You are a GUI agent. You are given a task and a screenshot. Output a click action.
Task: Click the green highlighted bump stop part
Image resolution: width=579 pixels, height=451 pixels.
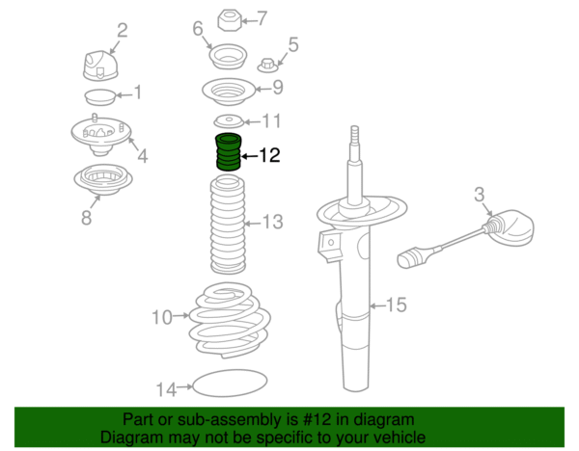228,152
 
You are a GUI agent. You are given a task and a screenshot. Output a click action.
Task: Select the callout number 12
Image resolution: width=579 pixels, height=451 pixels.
270,155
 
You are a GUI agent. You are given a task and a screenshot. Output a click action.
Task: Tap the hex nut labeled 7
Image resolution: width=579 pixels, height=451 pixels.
230,20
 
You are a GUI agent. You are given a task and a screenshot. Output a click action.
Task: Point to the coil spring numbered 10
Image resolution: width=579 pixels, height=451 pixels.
230,320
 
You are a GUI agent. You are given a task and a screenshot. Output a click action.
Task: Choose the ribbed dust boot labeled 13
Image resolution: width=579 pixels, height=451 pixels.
228,225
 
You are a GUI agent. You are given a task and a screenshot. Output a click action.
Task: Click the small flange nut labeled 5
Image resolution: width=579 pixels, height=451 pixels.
267,66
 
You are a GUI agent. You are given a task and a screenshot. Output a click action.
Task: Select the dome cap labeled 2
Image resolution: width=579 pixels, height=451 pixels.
100,66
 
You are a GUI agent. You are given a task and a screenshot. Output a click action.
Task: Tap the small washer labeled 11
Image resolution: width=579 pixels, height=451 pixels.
229,121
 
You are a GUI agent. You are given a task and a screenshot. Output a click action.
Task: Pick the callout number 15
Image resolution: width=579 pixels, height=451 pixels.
397,305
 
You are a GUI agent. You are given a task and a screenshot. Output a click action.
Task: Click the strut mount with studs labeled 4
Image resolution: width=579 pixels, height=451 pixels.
100,135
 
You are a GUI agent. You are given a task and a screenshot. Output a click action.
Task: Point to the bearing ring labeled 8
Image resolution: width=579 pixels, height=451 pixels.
103,180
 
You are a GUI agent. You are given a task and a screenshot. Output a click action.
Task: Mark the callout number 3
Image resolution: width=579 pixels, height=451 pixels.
479,195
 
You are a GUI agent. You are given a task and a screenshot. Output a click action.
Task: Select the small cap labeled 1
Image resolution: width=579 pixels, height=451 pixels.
100,97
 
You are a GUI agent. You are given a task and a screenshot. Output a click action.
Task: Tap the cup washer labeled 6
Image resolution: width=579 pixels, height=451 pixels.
228,57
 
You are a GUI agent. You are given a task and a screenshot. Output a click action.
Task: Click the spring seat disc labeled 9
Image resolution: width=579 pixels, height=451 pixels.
229,92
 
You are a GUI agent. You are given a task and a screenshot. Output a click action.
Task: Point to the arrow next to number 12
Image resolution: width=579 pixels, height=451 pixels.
250,156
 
